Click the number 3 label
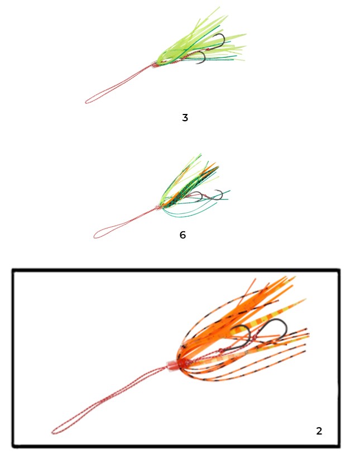click(185, 118)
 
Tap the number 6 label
click(183, 235)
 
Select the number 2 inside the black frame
click(319, 431)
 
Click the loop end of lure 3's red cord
click(87, 102)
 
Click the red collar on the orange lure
click(172, 365)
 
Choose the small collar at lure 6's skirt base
click(159, 207)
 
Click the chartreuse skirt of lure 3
click(201, 41)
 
